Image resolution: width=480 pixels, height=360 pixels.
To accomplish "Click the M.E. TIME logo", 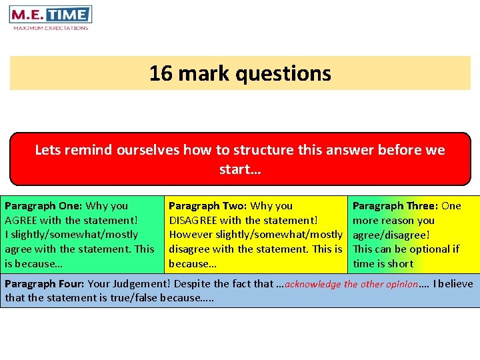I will [x=50, y=15].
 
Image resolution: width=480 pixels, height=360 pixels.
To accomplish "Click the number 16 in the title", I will [x=160, y=73].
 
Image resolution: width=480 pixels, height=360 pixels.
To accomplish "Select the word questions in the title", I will [x=291, y=73].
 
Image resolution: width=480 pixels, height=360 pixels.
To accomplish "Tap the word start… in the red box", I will [x=240, y=169].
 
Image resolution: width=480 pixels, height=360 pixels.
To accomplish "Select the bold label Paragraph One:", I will [x=43, y=206].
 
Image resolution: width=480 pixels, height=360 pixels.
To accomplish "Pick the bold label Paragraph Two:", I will [x=208, y=206].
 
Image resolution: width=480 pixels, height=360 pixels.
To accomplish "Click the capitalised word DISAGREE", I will [x=195, y=220].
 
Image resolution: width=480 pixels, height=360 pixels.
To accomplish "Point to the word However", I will [x=192, y=235].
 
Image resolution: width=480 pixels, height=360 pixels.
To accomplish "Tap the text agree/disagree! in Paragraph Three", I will [x=391, y=235].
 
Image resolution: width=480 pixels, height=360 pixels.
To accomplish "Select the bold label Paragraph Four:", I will [x=45, y=284].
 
